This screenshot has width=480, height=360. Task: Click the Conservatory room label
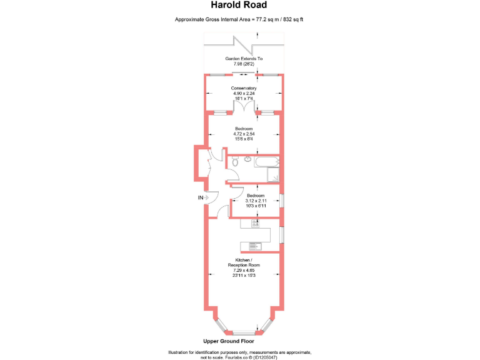click(x=244, y=88)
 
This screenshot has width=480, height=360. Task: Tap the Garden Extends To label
click(x=244, y=58)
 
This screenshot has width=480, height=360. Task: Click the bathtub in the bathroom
click(x=265, y=161)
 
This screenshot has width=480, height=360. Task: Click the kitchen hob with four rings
click(x=255, y=223)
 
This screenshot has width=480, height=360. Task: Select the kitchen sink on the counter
click(x=254, y=245)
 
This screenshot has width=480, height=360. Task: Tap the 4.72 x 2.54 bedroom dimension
click(x=244, y=134)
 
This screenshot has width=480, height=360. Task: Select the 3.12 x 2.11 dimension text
click(x=256, y=201)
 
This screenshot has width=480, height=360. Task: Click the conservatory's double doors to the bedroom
click(x=244, y=109)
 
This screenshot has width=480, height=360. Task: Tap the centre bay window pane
click(x=244, y=331)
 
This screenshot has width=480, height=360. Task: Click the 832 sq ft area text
click(x=292, y=20)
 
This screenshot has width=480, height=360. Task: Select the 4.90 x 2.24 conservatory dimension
click(x=244, y=94)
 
